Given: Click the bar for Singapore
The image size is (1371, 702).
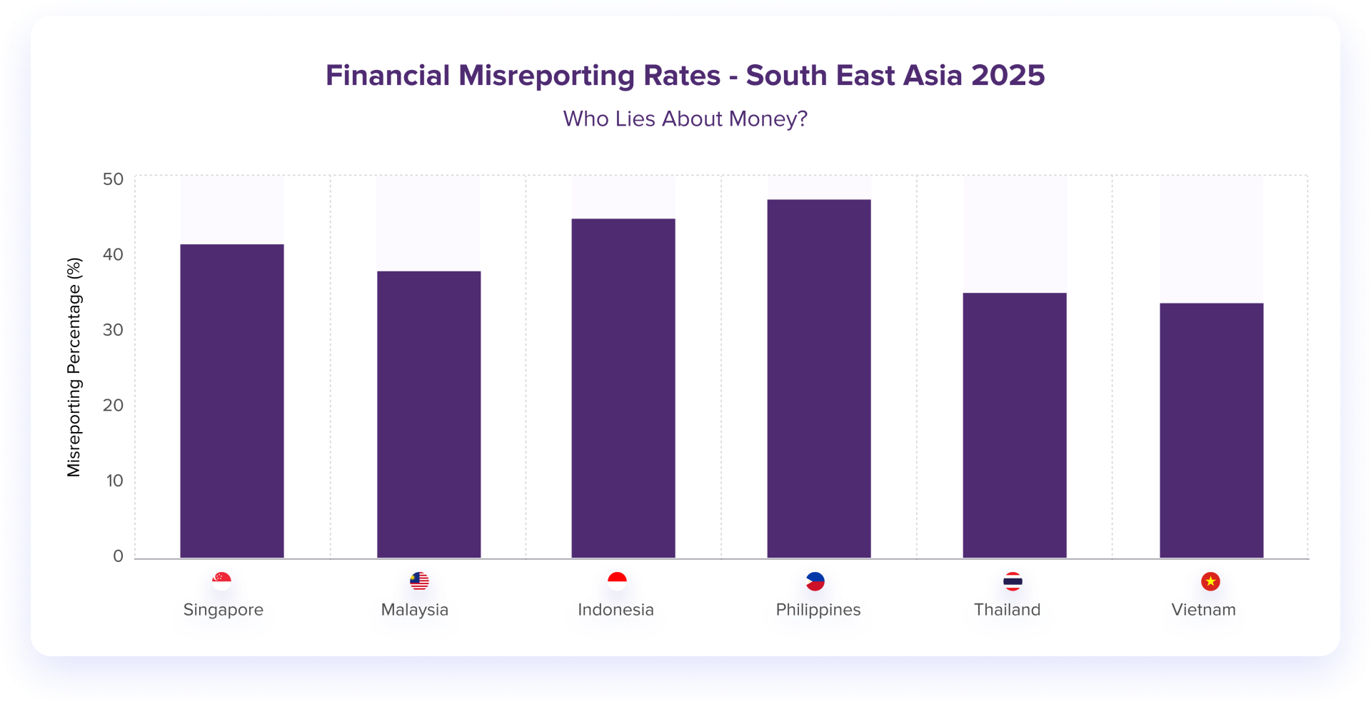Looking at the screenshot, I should pos(232,401).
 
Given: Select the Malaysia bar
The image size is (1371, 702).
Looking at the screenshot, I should pos(428,414).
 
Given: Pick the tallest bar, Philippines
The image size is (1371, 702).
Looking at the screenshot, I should pos(819,378).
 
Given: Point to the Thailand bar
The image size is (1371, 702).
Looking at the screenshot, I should pos(1015,425).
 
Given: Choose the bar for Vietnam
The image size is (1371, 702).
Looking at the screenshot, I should pos(1211,430).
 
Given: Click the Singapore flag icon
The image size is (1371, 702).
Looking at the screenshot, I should pos(222,581).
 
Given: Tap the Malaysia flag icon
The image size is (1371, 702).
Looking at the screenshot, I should pos(419,581).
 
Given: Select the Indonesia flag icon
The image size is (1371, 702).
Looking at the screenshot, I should pos(617,581).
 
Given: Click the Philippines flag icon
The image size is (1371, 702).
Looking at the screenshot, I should pos(815,581).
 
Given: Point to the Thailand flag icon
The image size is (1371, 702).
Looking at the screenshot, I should pos(1013,581).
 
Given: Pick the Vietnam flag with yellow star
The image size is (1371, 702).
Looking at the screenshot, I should pos(1210,581).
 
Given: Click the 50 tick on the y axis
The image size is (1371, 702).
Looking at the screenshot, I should pos(113,179).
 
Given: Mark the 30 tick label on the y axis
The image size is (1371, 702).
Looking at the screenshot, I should pos(113,330).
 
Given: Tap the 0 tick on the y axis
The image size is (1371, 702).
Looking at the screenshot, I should pos(118,556).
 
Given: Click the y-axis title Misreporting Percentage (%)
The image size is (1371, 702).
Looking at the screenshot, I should pos(74,367).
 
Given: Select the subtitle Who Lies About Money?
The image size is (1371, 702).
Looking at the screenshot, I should pos(685,119).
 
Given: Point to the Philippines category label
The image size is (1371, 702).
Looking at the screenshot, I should pos(818,610).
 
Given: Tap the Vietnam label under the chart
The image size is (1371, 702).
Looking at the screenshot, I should pos(1203,610).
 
